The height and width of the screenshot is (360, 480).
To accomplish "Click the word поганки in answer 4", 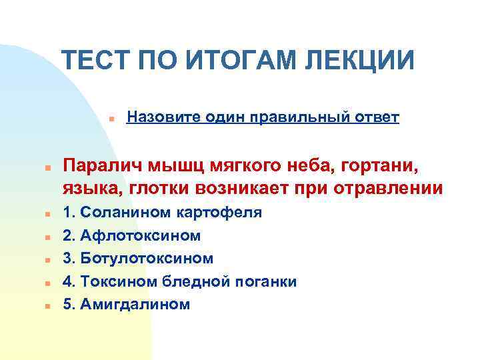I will [267, 281].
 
